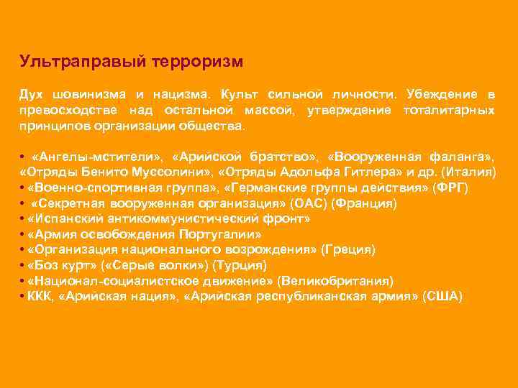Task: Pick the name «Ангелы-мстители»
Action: (96, 157)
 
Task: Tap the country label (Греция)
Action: (348, 250)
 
